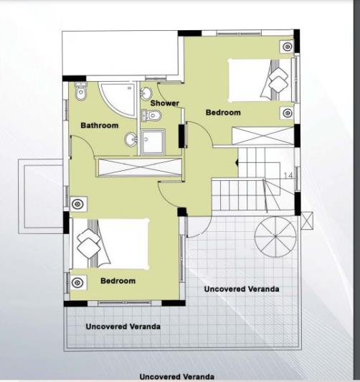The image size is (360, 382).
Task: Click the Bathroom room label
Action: tap(99, 126)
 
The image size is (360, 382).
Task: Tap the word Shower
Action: tap(164, 103)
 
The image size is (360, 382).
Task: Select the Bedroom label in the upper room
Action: tap(223, 113)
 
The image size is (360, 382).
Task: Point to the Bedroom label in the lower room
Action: tap(118, 281)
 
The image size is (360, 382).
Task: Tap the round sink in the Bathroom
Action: tap(131, 139)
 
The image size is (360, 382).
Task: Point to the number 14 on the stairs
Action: tap(288, 175)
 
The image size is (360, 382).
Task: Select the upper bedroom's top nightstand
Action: tap(287, 47)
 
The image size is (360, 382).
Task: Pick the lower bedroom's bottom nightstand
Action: tap(77, 281)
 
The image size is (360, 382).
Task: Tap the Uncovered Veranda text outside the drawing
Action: tap(176, 376)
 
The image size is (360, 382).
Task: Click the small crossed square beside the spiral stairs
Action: tap(306, 219)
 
